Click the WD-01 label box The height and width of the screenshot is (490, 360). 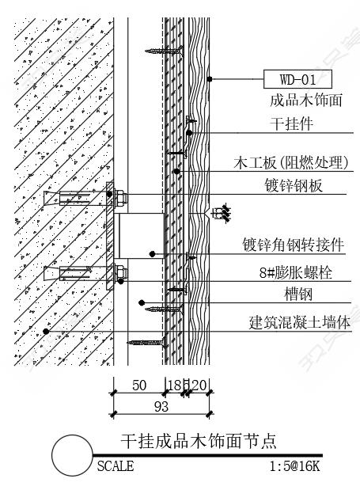[x=297, y=79]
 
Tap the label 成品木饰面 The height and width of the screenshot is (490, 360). [x=306, y=100]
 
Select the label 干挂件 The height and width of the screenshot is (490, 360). [x=291, y=123]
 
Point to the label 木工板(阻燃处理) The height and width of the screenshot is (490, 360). [x=291, y=162]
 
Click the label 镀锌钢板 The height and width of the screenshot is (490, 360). [x=294, y=185]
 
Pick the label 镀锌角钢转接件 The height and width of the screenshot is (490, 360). [x=294, y=245]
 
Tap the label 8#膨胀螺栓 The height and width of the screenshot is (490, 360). [x=295, y=272]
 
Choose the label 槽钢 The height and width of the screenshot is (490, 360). [x=298, y=294]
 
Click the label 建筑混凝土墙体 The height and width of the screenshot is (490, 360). [x=299, y=322]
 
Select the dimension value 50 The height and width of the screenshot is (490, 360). [x=139, y=386]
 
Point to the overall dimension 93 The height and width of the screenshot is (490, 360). [x=161, y=407]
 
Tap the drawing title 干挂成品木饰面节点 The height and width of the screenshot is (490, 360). [x=199, y=441]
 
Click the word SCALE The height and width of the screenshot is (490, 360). [x=116, y=466]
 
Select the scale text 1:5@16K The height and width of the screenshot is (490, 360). [x=295, y=466]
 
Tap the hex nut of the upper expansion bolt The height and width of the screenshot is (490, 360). [x=121, y=198]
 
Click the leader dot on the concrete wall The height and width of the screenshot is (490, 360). [x=46, y=331]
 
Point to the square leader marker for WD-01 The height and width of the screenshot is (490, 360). [x=210, y=79]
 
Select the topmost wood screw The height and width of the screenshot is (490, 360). [x=165, y=51]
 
